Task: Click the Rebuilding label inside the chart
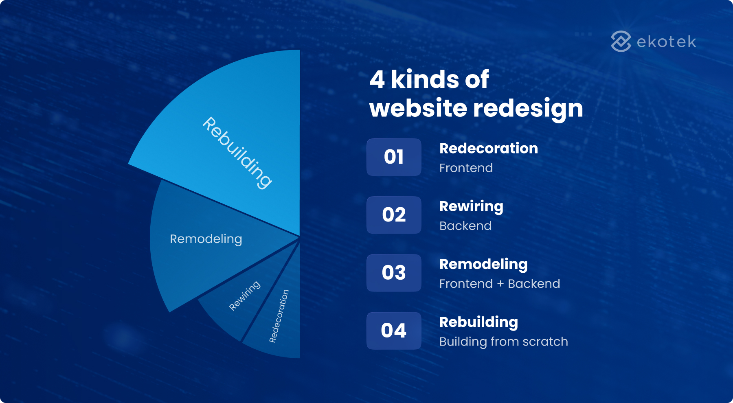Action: point(237,153)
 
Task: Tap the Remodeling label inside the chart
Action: point(206,239)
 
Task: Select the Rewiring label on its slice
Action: point(244,296)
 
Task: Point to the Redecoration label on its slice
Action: point(279,316)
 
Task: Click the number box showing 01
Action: point(394,157)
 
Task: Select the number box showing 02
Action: point(394,215)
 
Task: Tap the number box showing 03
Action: point(394,273)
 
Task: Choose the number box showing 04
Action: point(394,331)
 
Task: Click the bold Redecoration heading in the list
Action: point(489,149)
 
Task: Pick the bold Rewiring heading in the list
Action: point(471,206)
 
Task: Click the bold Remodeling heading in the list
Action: point(483,265)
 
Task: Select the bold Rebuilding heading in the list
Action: point(478,322)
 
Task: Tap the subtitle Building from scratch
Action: point(503,342)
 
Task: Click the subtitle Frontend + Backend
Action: point(500,284)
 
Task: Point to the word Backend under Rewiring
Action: point(465,226)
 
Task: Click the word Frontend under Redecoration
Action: point(466,168)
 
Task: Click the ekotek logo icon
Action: point(621,42)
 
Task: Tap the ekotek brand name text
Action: point(666,42)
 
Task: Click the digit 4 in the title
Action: point(377,79)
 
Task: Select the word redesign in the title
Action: point(528,109)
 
